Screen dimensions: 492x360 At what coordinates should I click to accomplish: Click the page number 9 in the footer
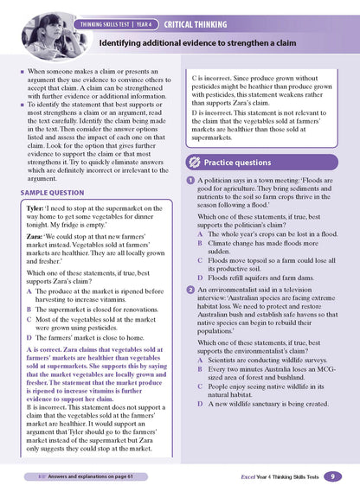coord(335,476)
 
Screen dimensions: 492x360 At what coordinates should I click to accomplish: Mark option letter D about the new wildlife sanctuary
coord(200,426)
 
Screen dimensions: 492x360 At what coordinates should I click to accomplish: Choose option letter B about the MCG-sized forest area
coord(200,393)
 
